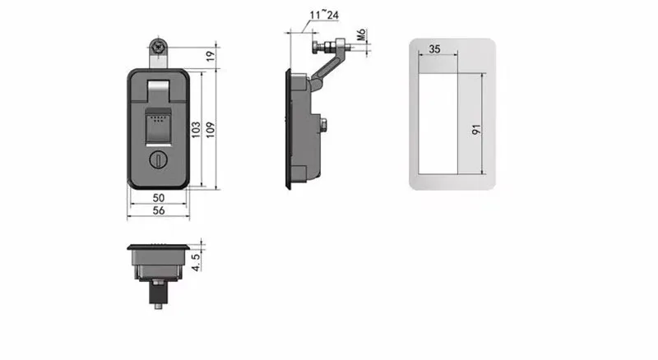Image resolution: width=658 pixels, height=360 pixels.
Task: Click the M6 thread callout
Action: [362, 36]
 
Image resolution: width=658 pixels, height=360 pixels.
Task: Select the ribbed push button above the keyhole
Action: [156, 127]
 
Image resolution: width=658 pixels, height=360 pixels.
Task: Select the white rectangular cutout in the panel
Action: [438, 122]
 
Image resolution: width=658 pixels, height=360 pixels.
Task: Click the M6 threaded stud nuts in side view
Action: [337, 48]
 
